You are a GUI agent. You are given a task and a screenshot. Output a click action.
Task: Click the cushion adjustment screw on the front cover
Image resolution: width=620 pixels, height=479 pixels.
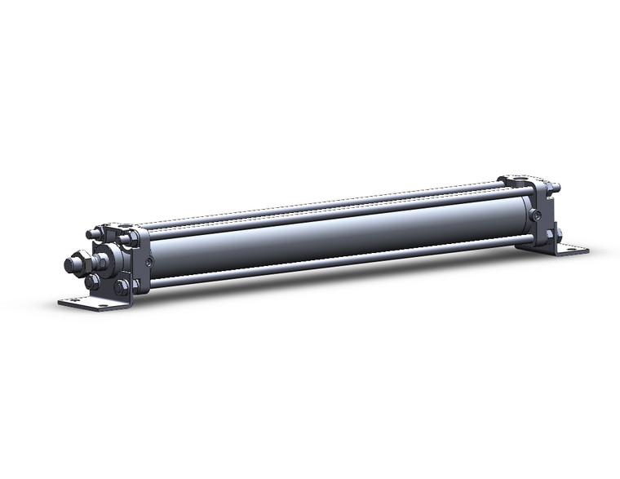(x=148, y=261)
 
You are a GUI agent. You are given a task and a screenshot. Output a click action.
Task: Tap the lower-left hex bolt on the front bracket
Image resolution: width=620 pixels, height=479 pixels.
(x=92, y=282)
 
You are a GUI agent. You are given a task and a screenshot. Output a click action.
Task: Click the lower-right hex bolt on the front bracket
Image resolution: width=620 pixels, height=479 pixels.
(x=122, y=286)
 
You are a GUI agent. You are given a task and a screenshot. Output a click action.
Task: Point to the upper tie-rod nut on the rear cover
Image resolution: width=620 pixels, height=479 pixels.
(x=556, y=190)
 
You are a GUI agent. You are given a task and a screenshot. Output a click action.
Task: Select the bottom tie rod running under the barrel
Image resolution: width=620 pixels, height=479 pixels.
(x=326, y=264)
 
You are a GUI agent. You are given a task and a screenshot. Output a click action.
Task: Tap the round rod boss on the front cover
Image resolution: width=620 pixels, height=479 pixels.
(x=103, y=262)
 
